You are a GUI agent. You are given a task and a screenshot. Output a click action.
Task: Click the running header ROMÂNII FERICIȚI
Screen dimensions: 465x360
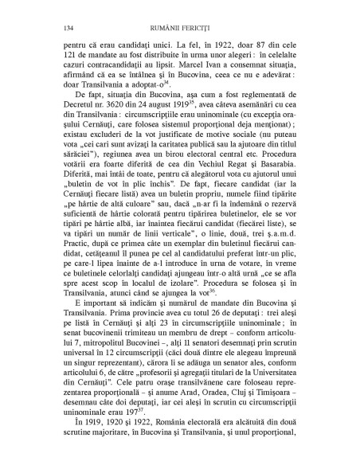179,29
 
